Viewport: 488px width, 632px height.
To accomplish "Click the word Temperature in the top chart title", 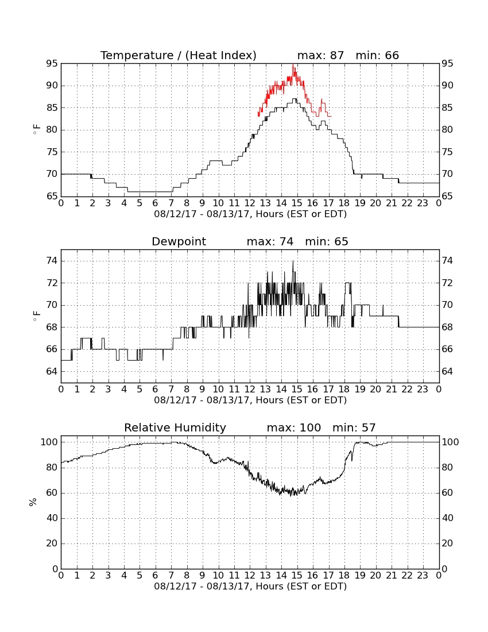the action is click(x=137, y=55).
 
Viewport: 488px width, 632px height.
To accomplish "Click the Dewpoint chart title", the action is click(x=179, y=241).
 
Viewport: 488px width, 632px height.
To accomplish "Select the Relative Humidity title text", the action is click(x=175, y=427).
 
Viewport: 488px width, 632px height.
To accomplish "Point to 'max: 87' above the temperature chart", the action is click(x=320, y=55).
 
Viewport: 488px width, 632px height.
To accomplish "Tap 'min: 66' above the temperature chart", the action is click(x=377, y=55).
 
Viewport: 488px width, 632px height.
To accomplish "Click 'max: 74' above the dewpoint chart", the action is click(x=270, y=241).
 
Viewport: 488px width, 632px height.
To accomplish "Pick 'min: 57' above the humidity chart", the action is click(x=354, y=427).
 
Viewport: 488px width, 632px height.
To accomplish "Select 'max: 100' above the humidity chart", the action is click(x=294, y=427).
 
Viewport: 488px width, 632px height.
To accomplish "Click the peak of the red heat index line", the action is click(x=293, y=64).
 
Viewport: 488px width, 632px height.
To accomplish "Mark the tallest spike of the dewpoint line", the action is click(x=293, y=261).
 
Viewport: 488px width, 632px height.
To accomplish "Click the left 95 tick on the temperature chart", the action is click(x=52, y=64).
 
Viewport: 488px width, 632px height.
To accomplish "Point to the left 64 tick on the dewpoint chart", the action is click(x=52, y=371).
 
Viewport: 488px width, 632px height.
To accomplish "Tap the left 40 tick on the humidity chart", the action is click(x=52, y=518).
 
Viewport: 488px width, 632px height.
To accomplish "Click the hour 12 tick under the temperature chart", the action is click(x=250, y=203).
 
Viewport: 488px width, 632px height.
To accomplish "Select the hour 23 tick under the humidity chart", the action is click(x=423, y=575).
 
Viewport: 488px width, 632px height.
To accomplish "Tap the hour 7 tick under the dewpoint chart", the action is click(x=171, y=389).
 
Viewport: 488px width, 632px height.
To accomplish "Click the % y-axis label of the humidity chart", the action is click(x=33, y=502).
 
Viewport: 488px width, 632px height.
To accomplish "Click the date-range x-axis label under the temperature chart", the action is click(x=250, y=214).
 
